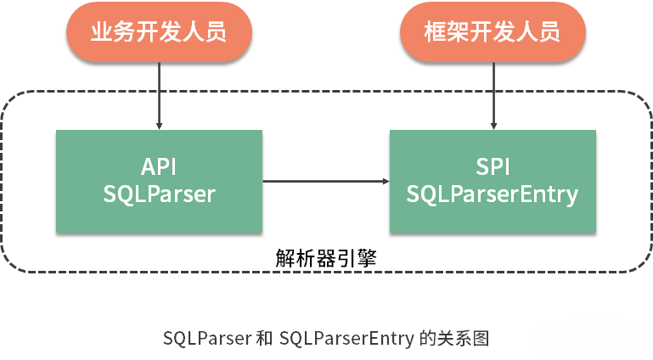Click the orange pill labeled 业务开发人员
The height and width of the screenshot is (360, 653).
[x=159, y=33]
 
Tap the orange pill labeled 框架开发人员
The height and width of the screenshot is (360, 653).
[x=493, y=33]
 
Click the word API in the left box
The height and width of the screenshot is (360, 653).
[x=159, y=166]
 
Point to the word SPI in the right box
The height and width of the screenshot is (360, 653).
[x=493, y=166]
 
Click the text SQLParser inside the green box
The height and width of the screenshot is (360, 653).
[x=159, y=194]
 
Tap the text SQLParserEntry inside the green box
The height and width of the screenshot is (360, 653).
[x=493, y=194]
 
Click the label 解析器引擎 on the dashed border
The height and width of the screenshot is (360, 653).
[x=326, y=258]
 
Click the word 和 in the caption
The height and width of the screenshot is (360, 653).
[x=264, y=338]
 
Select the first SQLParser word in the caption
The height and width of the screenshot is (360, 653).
[x=205, y=338]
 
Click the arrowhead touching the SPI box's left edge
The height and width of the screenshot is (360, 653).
[x=385, y=181]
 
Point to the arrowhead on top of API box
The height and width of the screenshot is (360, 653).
[x=159, y=125]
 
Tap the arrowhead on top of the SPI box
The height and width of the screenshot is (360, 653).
[x=493, y=125]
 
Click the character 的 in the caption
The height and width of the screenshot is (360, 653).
[x=428, y=338]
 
